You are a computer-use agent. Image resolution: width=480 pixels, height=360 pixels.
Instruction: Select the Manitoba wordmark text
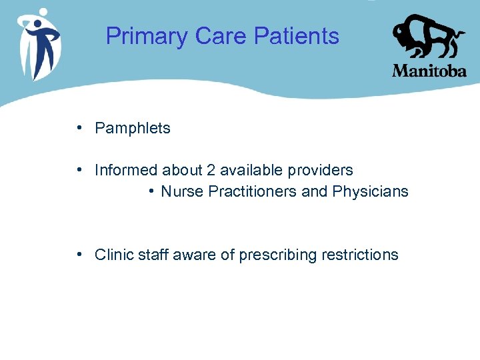click(x=429, y=71)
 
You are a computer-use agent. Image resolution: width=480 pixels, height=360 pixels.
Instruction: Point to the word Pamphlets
click(x=133, y=129)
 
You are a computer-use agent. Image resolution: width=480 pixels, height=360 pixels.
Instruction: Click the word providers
click(x=322, y=171)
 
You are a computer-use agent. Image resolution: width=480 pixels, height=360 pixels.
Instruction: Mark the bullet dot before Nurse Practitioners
click(x=153, y=191)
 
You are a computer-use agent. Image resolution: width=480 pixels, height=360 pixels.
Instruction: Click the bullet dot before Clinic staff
click(x=79, y=254)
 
